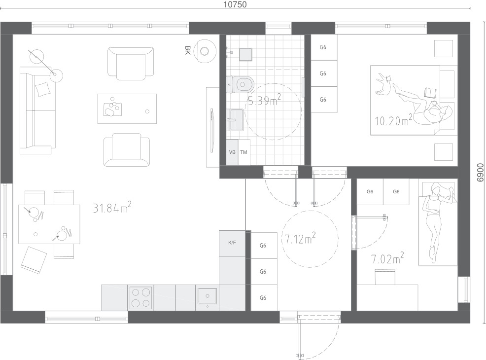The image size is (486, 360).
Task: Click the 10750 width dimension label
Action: coord(235,4)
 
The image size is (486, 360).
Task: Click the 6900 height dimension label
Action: coord(480,173)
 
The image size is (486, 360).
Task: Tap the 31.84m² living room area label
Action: coord(112,207)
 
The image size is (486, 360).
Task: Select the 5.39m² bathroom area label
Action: coord(264,100)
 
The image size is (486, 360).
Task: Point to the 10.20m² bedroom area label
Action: coord(394,120)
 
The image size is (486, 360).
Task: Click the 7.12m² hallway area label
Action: coord(300,238)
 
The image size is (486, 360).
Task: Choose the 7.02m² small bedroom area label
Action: coord(387,258)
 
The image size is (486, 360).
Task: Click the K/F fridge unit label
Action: coord(232,243)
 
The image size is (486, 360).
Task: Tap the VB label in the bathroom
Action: coord(232,152)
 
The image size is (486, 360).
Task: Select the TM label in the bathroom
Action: coord(243,152)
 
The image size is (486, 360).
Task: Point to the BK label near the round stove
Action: coord(187,50)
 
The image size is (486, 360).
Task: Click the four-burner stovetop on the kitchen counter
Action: coord(140,298)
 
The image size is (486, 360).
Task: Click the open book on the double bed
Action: coord(430,93)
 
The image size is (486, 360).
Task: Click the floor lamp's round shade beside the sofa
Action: coord(56,75)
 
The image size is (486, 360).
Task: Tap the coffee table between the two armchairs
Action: coord(127,109)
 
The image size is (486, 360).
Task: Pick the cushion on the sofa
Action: coord(43,89)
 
